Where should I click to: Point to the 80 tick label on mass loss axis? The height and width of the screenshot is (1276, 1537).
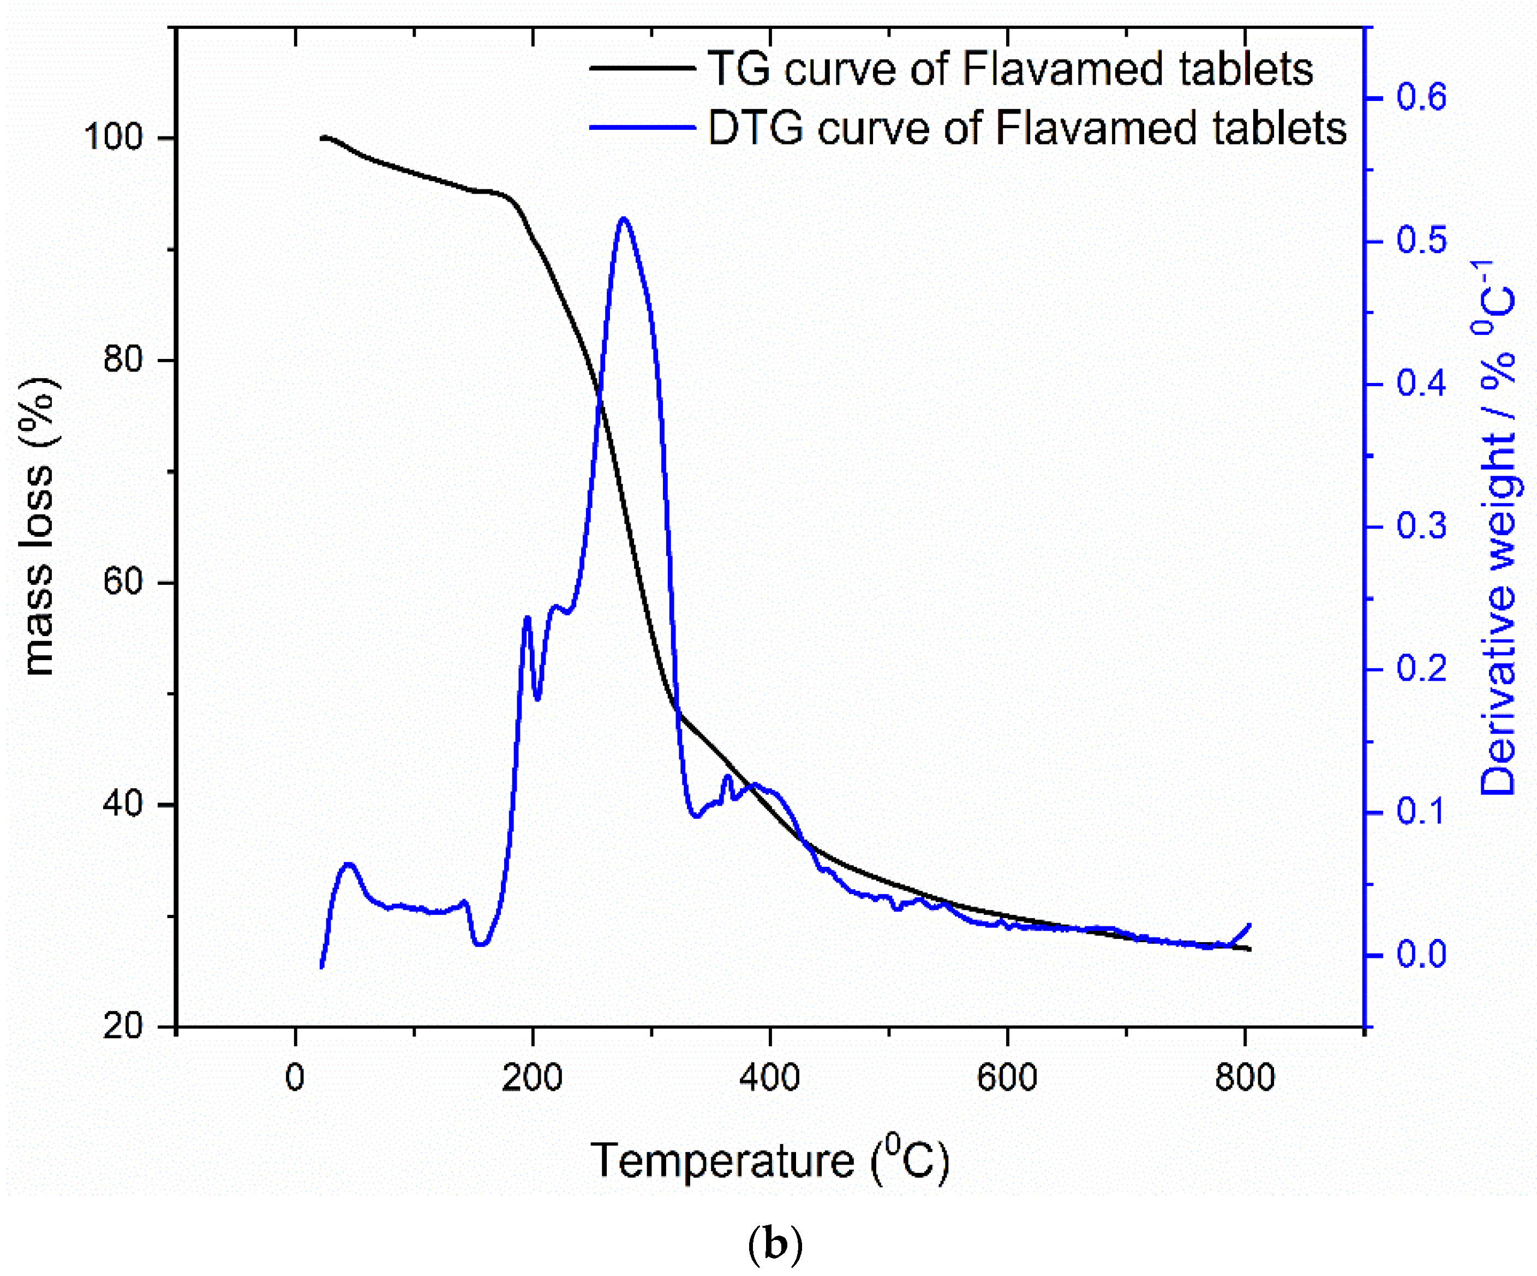tap(122, 360)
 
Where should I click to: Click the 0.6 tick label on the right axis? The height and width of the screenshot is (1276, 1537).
tap(1421, 97)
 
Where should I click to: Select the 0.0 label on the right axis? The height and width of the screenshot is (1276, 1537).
tap(1421, 955)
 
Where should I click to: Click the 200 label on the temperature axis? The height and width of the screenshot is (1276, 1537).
tap(532, 1078)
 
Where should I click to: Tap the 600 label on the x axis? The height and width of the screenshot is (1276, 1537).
tap(1007, 1078)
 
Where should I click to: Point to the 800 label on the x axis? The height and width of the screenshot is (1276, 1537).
tap(1245, 1078)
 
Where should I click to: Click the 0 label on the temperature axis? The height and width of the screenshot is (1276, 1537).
tap(295, 1078)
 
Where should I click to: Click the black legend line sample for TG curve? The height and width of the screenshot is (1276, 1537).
tap(642, 68)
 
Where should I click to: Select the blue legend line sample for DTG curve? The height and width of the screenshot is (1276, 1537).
tap(642, 127)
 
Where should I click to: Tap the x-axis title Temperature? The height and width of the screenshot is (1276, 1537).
tap(722, 1161)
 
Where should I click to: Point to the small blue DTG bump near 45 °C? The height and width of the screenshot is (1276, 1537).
tap(349, 865)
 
